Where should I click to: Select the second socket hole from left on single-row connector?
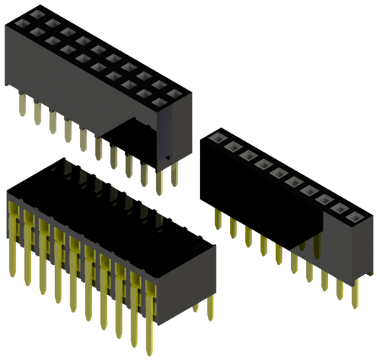(x=231, y=147)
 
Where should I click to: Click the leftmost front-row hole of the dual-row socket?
(x=33, y=34)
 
